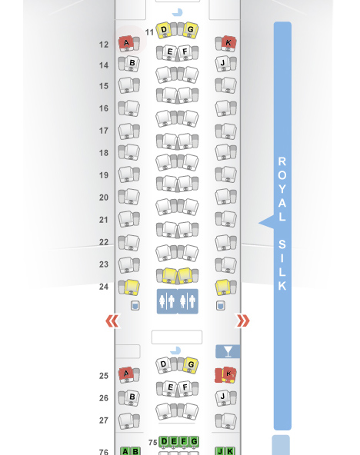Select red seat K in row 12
(x=228, y=43)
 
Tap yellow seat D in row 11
(x=164, y=30)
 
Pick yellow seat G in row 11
(x=191, y=30)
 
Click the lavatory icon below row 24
(x=178, y=301)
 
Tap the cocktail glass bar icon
(x=228, y=351)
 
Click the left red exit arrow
(x=112, y=321)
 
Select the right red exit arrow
(x=243, y=321)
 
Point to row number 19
(x=104, y=175)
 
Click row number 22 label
(x=104, y=241)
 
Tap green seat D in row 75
(x=164, y=441)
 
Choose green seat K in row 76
(x=230, y=451)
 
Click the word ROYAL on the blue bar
(x=282, y=189)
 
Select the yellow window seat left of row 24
(x=132, y=287)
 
